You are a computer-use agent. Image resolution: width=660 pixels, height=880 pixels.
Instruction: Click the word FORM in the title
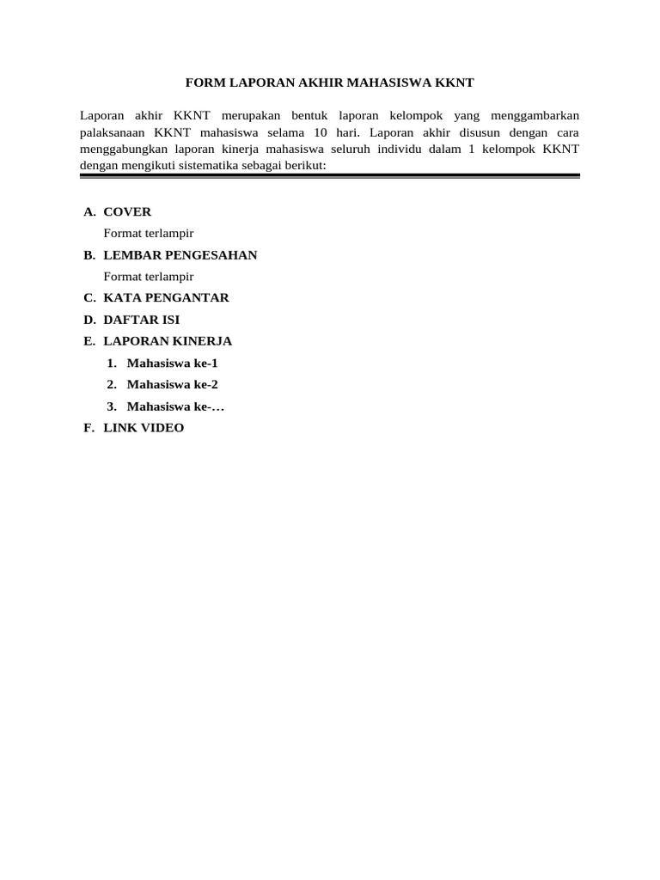click(204, 83)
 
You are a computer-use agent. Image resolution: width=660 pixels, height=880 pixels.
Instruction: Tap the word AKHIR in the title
click(320, 83)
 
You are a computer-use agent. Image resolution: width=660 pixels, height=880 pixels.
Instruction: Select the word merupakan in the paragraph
click(253, 115)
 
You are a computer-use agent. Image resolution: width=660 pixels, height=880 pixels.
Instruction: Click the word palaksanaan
click(113, 132)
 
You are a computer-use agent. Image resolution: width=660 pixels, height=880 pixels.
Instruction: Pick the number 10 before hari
click(321, 132)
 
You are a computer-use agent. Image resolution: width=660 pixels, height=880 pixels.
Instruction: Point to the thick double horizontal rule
click(330, 176)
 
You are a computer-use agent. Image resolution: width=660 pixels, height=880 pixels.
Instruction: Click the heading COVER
click(127, 212)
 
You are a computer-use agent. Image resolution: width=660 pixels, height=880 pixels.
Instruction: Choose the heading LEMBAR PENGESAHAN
click(180, 255)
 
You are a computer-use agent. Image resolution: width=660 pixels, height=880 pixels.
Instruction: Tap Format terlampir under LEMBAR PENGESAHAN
click(148, 277)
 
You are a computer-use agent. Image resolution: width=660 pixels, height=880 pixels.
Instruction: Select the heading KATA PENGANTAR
click(166, 298)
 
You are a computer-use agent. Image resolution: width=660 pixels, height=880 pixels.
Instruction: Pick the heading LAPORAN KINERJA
click(168, 341)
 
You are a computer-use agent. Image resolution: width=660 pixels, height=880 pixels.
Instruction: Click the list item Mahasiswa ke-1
click(172, 363)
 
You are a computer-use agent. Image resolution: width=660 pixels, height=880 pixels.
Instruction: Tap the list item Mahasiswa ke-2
click(172, 384)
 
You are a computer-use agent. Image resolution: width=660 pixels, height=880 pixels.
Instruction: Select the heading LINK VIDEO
click(144, 428)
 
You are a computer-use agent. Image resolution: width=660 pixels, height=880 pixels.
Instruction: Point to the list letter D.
click(89, 320)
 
